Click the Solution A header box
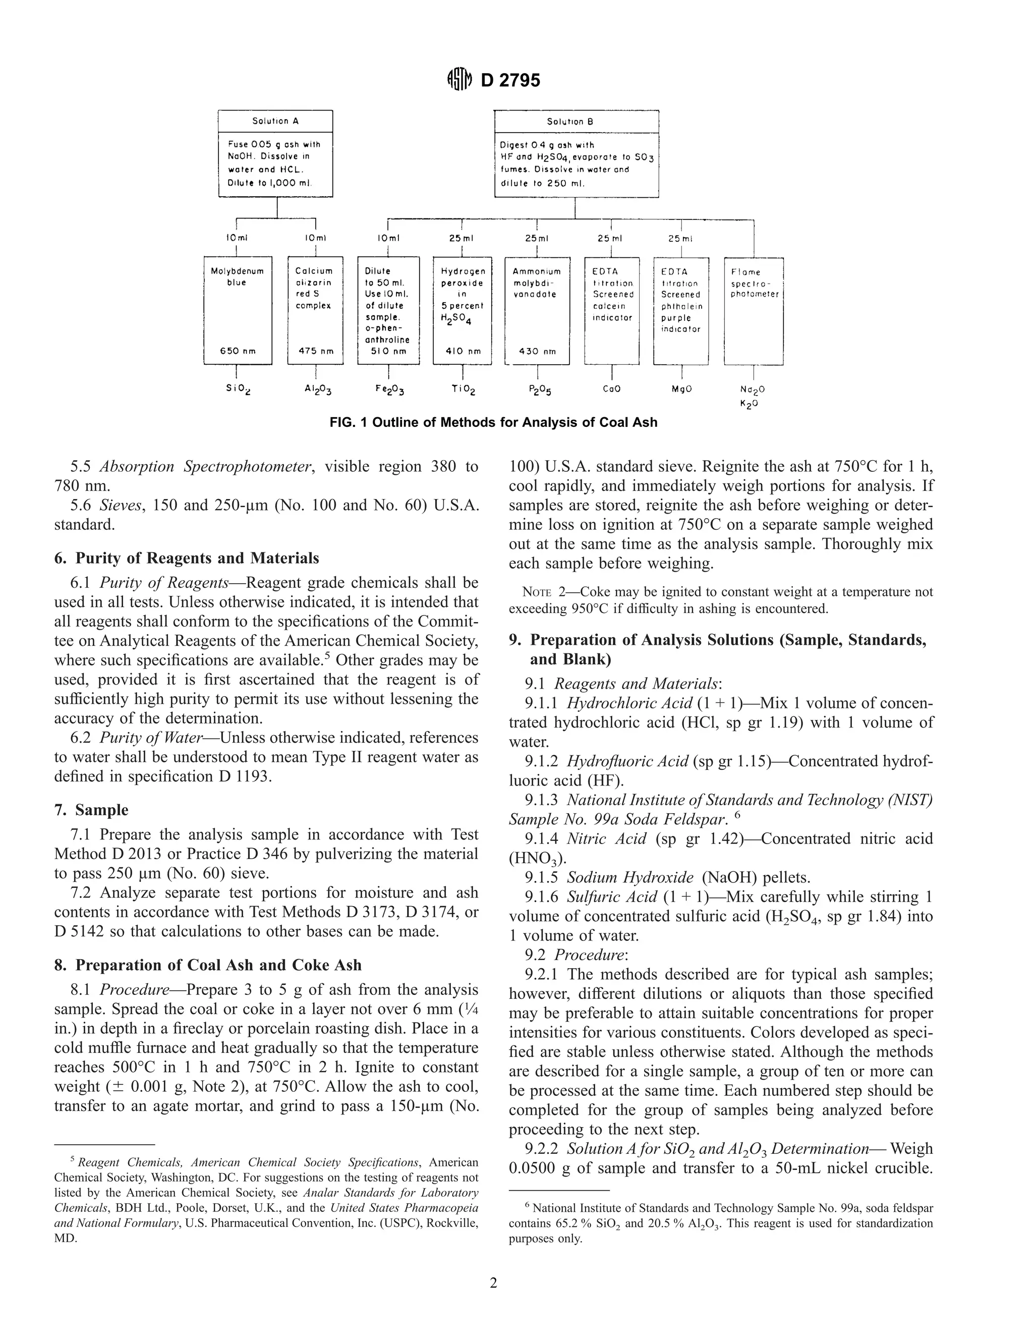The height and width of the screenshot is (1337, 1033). point(275,121)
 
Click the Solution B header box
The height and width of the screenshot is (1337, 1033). point(576,121)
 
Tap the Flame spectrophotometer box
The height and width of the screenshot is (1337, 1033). point(754,311)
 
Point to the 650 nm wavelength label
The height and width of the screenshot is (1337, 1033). point(238,351)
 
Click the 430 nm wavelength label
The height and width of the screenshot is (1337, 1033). point(537,351)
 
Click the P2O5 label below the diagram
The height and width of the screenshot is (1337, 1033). point(537,390)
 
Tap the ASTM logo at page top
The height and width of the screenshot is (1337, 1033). point(460,80)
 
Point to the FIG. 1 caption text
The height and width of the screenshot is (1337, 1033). point(493,422)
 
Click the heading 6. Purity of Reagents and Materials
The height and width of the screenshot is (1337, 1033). point(187,559)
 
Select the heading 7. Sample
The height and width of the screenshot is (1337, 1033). point(91,810)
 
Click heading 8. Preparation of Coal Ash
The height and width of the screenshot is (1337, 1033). point(208,965)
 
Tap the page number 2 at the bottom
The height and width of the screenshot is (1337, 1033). point(493,1283)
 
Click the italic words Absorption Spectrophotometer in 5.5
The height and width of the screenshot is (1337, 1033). point(206,467)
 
